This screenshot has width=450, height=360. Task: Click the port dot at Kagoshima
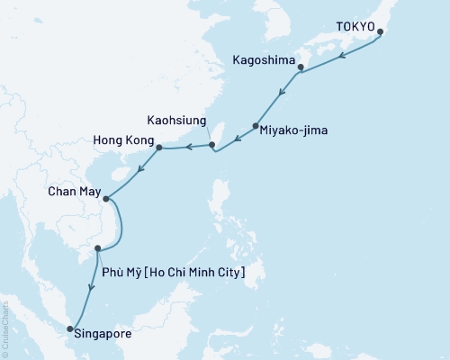[300, 66]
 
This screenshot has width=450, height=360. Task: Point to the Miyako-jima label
[294, 130]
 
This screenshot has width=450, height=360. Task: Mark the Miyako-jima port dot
[256, 126]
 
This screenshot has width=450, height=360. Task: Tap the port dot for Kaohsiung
[212, 144]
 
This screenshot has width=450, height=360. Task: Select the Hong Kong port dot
[159, 148]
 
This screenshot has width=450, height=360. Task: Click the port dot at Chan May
[105, 199]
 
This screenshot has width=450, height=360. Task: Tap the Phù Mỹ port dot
[98, 249]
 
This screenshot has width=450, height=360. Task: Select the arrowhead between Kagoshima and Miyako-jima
[283, 92]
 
